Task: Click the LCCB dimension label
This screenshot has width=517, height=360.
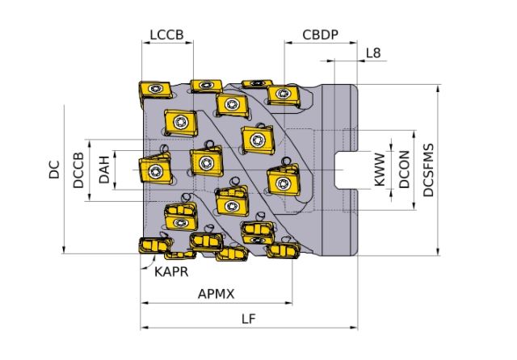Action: [x=167, y=36]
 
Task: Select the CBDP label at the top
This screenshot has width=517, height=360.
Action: [x=320, y=36]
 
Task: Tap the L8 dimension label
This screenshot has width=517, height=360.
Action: [x=373, y=53]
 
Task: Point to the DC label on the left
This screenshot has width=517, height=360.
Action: [x=55, y=170]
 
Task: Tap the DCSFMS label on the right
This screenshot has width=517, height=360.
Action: [x=428, y=170]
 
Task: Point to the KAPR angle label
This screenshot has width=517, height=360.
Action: [x=171, y=272]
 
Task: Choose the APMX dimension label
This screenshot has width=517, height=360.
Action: [x=216, y=295]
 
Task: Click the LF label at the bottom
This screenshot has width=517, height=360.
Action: [x=249, y=319]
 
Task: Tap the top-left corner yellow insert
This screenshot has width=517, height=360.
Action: [x=151, y=92]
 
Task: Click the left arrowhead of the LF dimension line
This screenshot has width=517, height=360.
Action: [x=144, y=328]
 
